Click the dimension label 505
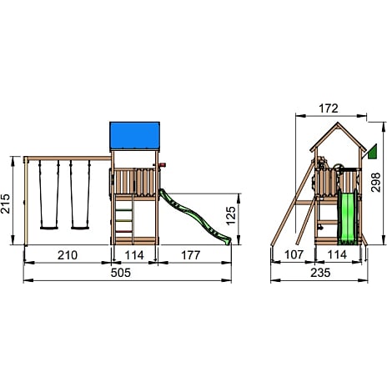click(x=120, y=273)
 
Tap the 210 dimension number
click(x=68, y=255)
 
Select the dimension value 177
click(x=190, y=255)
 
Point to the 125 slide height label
click(x=231, y=215)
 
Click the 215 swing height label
click(x=5, y=204)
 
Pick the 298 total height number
click(x=375, y=182)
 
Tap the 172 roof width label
click(x=329, y=108)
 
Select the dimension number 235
click(x=320, y=273)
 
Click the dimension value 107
click(x=294, y=254)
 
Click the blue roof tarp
click(x=135, y=136)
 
